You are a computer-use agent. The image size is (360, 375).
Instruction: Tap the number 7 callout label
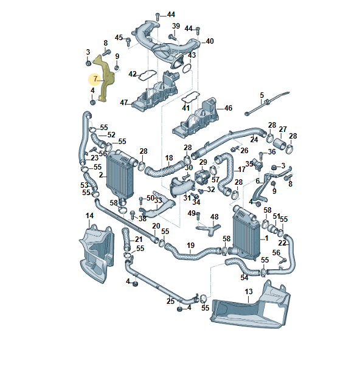click(95, 79)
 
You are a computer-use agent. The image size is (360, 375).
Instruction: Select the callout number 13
click(248, 292)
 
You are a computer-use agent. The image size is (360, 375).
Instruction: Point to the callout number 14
click(89, 216)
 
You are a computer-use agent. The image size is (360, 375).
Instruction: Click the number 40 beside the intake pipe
click(210, 41)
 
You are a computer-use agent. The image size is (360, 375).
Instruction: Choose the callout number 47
click(124, 103)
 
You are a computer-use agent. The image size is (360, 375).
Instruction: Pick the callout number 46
click(229, 108)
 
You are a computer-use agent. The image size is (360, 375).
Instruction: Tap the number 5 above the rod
click(262, 95)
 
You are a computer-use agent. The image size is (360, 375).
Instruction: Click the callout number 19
click(190, 246)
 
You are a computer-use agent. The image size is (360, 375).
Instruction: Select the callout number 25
click(170, 301)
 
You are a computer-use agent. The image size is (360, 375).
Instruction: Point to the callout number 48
click(214, 216)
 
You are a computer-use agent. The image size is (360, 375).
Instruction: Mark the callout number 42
click(133, 74)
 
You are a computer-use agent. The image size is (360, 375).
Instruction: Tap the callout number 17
click(241, 169)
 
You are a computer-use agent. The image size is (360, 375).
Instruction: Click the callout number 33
click(158, 201)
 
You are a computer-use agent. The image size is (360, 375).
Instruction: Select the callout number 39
click(176, 26)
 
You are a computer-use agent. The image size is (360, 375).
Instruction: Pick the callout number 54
click(244, 277)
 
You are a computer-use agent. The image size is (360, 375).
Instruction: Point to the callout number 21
click(139, 239)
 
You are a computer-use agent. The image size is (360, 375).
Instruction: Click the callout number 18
click(169, 158)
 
